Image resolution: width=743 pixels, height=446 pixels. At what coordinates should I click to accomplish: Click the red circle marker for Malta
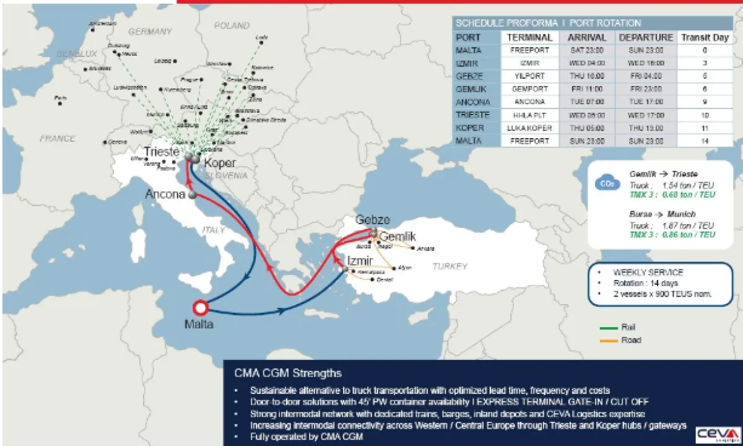coord(200,308)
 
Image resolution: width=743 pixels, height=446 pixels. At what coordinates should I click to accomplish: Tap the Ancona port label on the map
coord(165,195)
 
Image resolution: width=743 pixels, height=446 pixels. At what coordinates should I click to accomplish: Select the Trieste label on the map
coord(162,152)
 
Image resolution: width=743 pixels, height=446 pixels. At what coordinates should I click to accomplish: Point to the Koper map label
coord(220,164)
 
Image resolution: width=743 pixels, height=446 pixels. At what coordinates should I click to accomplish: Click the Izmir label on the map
coord(360,260)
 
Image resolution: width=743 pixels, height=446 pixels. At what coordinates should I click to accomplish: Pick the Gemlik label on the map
coord(397,237)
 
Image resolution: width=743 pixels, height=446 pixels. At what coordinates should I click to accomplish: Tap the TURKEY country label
coord(450,266)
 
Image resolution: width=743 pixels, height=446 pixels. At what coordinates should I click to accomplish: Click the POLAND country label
coord(231,26)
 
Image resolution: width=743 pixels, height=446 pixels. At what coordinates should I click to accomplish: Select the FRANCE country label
coord(58,139)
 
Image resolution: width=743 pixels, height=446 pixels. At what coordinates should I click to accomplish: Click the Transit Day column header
coord(705,37)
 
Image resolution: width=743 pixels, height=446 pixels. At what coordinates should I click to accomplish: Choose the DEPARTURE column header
coord(645,37)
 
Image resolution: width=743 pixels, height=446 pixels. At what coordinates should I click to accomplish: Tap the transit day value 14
coord(705,141)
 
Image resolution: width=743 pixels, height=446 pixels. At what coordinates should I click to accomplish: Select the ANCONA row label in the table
coord(473,102)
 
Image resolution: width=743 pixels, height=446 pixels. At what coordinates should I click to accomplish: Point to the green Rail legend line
coord(609,327)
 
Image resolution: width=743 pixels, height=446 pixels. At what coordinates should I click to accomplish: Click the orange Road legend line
coord(609,340)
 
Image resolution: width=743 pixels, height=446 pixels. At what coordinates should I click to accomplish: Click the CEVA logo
coord(718,435)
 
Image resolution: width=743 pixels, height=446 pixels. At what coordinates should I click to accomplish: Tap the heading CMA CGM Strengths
coord(288,374)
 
